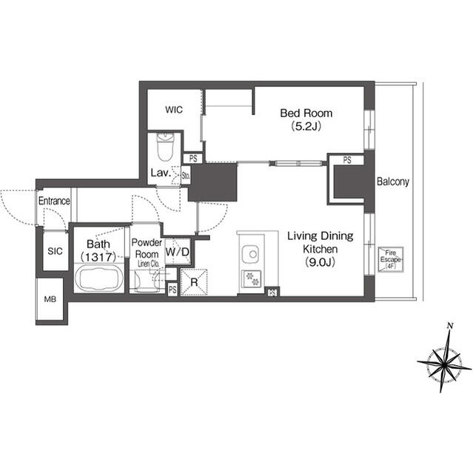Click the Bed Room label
point(306,113)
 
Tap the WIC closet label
point(173,110)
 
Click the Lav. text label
point(161,173)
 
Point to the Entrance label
point(54,201)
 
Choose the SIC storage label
point(54,252)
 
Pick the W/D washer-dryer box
point(177,253)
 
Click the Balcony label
point(393,181)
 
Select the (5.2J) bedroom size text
point(306,127)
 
